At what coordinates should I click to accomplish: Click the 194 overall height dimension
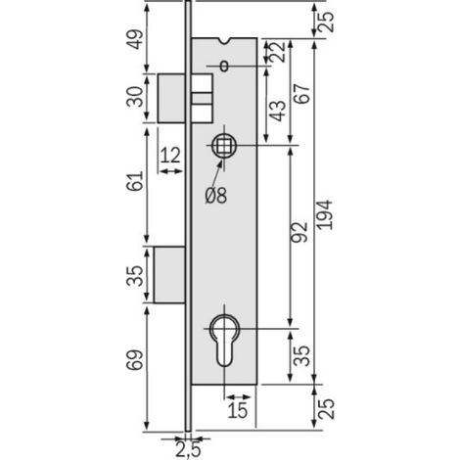325,215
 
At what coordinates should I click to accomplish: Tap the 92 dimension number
299,232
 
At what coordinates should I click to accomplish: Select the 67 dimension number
301,94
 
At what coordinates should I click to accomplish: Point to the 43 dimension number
278,111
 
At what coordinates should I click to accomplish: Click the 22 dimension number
278,52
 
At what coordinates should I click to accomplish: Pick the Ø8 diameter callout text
216,196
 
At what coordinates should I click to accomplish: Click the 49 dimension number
135,39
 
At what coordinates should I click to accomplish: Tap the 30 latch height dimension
135,97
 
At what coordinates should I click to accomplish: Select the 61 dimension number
135,180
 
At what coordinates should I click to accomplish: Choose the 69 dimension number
135,360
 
